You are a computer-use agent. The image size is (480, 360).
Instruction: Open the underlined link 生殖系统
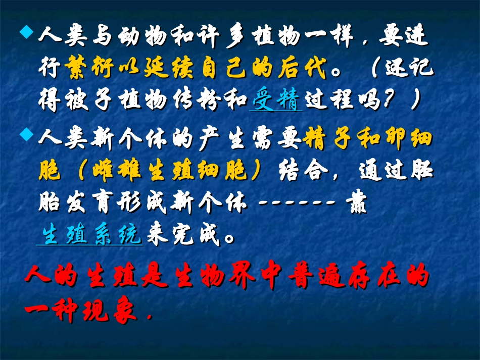click(90, 235)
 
